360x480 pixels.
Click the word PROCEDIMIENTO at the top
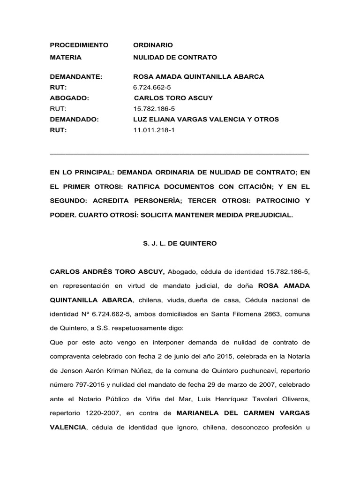coord(79,45)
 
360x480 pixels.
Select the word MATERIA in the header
coord(66,57)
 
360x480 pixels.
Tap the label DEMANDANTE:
coord(76,76)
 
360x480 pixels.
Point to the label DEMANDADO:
coord(75,120)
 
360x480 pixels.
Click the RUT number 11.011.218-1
coord(154,130)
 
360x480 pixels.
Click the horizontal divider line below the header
coord(180,153)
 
